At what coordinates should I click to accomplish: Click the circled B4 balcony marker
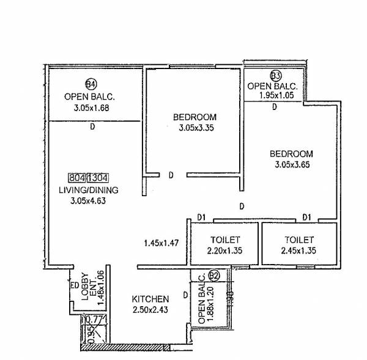91,84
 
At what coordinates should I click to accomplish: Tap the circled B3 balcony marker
276,76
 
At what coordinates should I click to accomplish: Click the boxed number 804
76,178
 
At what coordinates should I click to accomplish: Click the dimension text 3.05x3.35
195,128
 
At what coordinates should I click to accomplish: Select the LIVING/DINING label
89,190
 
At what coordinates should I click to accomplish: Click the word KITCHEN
150,299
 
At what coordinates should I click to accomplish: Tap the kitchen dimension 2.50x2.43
150,310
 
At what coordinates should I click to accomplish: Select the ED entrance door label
73,285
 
